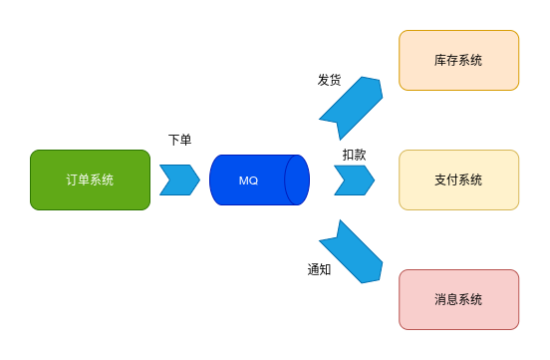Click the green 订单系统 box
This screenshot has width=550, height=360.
point(90,180)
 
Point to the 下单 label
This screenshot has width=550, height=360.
point(180,142)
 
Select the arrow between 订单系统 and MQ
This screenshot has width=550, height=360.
point(179,180)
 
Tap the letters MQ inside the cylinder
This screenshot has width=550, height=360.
point(249,180)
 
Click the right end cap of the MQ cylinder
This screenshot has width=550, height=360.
point(297,180)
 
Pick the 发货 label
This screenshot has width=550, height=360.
point(330,80)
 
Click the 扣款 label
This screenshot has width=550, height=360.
point(354,155)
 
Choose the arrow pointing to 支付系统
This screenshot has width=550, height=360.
point(354,180)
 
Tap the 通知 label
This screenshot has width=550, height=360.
point(319,269)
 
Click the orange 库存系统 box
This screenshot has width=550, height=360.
point(458,60)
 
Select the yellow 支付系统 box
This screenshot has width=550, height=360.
point(458,180)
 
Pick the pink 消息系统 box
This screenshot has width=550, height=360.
point(458,299)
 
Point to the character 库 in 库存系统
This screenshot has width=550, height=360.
point(440,61)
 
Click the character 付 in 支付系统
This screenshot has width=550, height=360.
point(452,180)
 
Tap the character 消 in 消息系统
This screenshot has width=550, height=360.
point(440,300)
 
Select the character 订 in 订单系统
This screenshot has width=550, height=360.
point(72,180)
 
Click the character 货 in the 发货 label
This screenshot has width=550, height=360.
point(336,80)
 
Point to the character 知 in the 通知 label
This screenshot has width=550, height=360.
point(325,269)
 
